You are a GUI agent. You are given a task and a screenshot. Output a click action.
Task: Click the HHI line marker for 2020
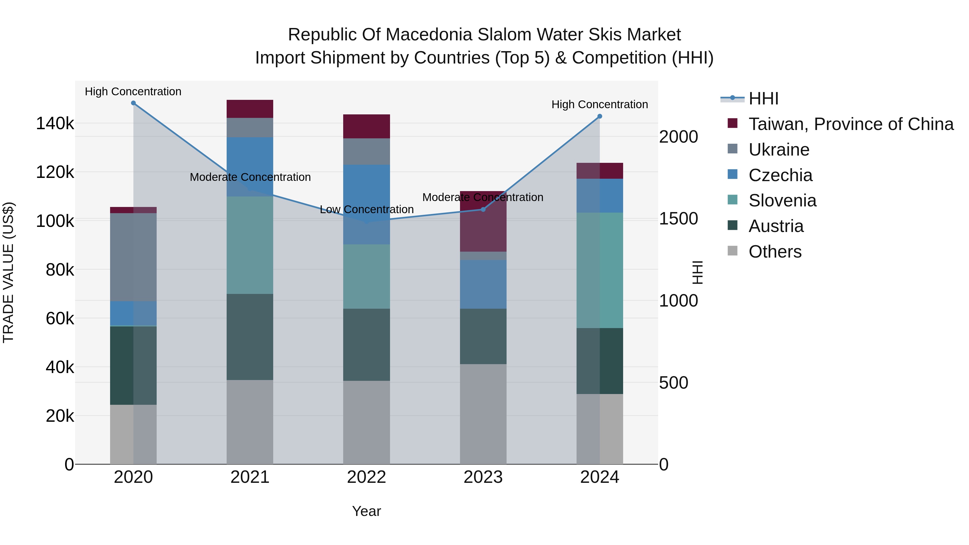pyautogui.click(x=133, y=103)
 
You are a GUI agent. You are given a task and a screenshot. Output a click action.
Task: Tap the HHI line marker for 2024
pyautogui.click(x=600, y=116)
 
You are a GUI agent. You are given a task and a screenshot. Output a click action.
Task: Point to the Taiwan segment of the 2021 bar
pyautogui.click(x=250, y=109)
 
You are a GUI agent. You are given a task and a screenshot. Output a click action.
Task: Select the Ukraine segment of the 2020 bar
pyautogui.click(x=133, y=257)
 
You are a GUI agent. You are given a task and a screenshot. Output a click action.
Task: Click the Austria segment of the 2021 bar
pyautogui.click(x=250, y=337)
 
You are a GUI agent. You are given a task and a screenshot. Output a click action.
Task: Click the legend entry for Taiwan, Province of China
pyautogui.click(x=851, y=124)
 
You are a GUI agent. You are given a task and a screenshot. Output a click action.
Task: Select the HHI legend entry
pyautogui.click(x=763, y=99)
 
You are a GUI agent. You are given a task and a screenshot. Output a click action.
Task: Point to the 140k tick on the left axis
pyautogui.click(x=55, y=123)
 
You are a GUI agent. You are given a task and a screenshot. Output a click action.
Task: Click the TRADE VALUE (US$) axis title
pyautogui.click(x=8, y=272)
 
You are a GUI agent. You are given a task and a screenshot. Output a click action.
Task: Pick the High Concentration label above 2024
pyautogui.click(x=600, y=105)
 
